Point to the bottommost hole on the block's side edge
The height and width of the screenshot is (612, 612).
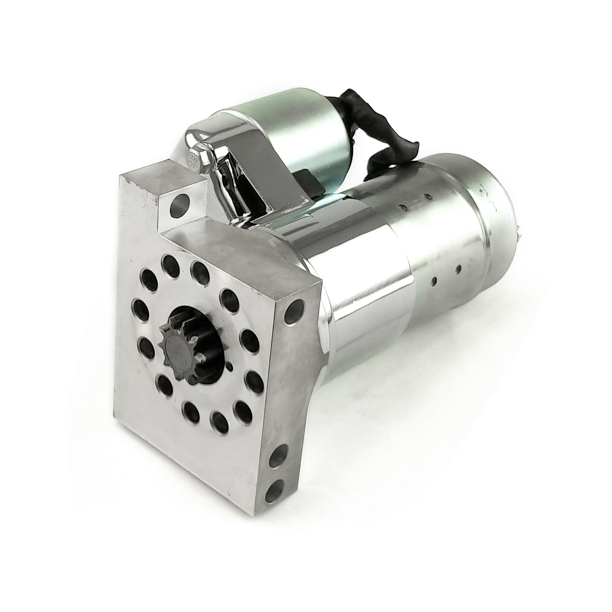click(x=276, y=490)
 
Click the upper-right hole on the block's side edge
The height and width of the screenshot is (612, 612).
click(x=297, y=308)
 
